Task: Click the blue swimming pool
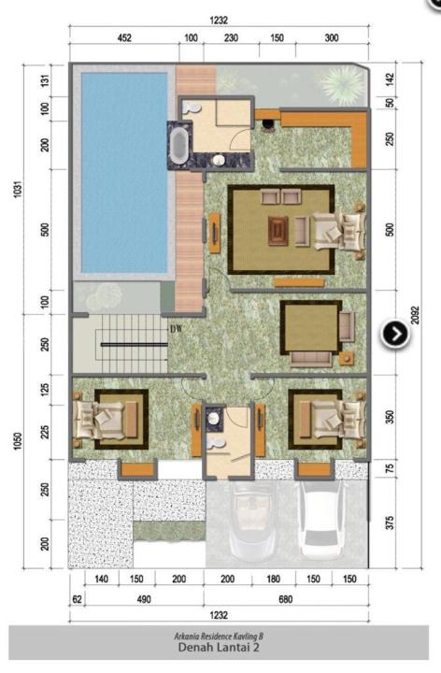pyautogui.click(x=124, y=172)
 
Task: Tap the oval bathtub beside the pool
pyautogui.click(x=178, y=145)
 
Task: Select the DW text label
pyautogui.click(x=177, y=329)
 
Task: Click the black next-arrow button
pyautogui.click(x=395, y=334)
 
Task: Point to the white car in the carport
pyautogui.click(x=323, y=521)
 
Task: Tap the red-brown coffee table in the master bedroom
pyautogui.click(x=278, y=231)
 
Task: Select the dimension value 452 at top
pyautogui.click(x=124, y=37)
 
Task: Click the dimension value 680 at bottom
pyautogui.click(x=285, y=599)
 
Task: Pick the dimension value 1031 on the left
pyautogui.click(x=18, y=189)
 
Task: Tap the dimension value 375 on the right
pyautogui.click(x=390, y=523)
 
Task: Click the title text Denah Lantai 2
pyautogui.click(x=219, y=647)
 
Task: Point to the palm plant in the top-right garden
pyautogui.click(x=343, y=84)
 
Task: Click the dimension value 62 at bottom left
pyautogui.click(x=77, y=599)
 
